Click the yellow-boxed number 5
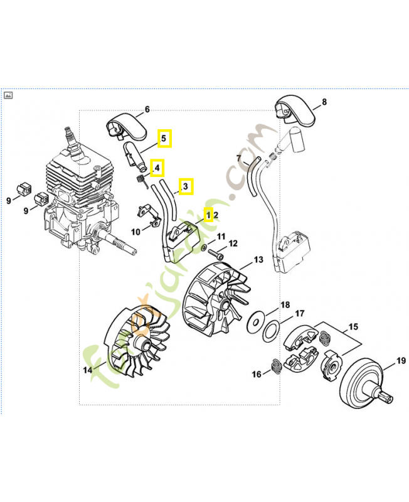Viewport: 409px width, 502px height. pos(164,138)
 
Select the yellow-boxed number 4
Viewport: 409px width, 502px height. pos(157,168)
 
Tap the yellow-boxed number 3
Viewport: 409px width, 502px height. pos(186,186)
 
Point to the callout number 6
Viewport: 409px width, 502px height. pos(147,110)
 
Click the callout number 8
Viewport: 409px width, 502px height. pos(324,102)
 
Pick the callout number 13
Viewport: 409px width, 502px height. pos(258,260)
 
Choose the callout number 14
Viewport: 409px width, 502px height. pos(88,370)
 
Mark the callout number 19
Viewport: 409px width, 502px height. pos(383,360)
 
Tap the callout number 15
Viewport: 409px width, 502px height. pos(354,327)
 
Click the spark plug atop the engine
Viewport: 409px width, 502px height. pos(70,140)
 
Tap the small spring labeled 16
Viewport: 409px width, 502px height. pos(274,365)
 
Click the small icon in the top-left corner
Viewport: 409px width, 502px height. pos(9,96)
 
